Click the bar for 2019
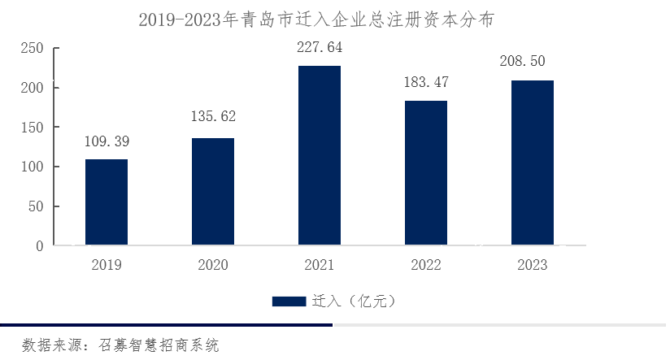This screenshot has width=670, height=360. [107, 202]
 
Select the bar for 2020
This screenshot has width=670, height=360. [213, 191]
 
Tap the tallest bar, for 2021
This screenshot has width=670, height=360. [320, 154]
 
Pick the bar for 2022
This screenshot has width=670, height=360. [426, 172]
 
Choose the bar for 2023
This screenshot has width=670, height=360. [533, 163]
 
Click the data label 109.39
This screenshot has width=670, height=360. [107, 142]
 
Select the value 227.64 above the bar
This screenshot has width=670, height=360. [320, 48]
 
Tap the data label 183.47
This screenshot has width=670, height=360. [426, 83]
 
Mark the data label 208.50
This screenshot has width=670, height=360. [533, 62]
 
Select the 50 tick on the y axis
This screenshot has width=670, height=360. [36, 206]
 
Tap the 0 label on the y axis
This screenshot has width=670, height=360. [39, 246]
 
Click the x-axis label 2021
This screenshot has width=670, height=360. [320, 265]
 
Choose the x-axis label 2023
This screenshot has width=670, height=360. [533, 265]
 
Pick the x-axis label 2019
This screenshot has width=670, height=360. [107, 265]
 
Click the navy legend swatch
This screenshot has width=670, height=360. [289, 301]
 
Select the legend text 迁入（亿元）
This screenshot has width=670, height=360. [353, 301]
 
